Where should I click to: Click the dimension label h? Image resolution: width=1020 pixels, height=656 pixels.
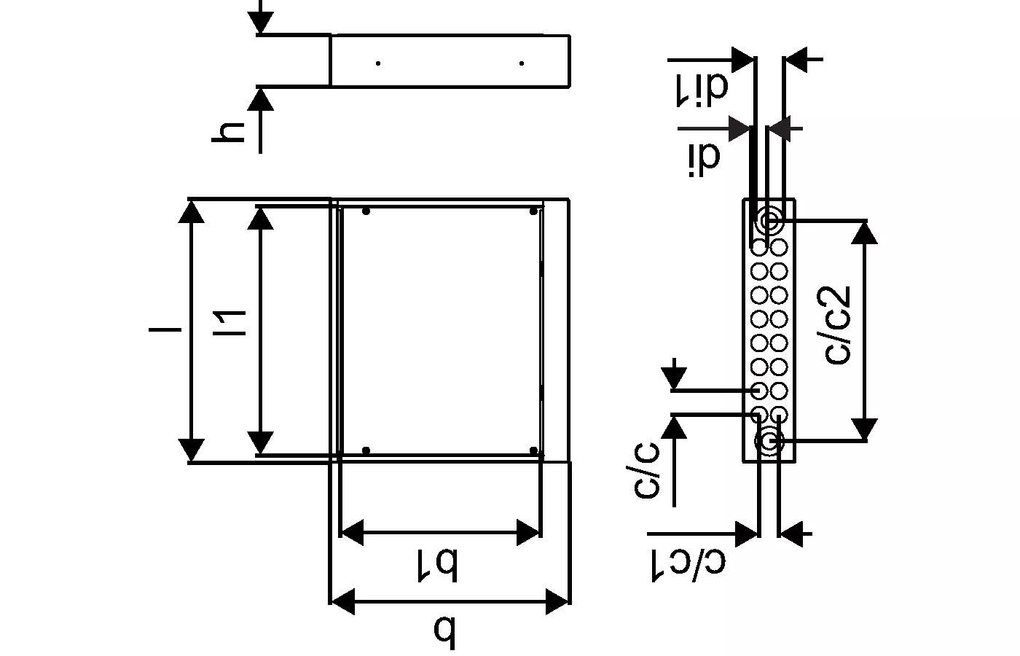click(228, 133)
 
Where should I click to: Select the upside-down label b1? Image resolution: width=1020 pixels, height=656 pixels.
click(438, 566)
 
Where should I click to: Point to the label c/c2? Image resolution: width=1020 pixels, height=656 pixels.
click(837, 325)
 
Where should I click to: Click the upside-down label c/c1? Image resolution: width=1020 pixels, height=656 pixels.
click(688, 566)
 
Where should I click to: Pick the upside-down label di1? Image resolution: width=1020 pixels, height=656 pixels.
click(701, 90)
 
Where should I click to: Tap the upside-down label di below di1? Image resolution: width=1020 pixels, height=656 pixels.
click(704, 160)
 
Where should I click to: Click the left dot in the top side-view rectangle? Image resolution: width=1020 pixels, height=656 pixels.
click(378, 63)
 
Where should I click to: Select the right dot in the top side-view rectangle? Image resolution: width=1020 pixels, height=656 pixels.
click(522, 63)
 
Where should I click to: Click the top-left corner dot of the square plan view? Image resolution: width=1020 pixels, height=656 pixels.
click(366, 211)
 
